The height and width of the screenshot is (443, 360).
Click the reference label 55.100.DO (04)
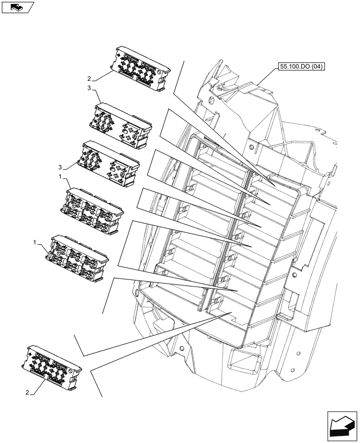click(x=301, y=67)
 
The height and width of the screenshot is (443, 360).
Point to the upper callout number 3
click(x=90, y=89)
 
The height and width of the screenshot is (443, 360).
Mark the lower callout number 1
click(x=35, y=242)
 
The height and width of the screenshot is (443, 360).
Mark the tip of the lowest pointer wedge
click(x=231, y=313)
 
